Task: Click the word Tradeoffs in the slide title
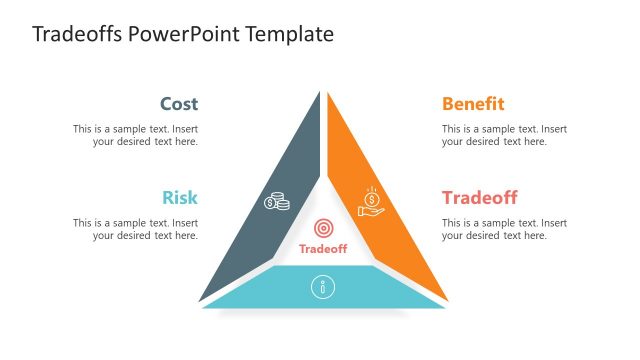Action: pyautogui.click(x=77, y=35)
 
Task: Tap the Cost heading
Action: pyautogui.click(x=179, y=104)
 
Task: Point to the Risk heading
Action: pyautogui.click(x=180, y=198)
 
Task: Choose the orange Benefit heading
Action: pyautogui.click(x=473, y=104)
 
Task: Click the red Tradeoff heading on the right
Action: pyautogui.click(x=480, y=198)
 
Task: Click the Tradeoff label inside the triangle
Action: pyautogui.click(x=323, y=249)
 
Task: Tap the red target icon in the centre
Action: pyautogui.click(x=323, y=229)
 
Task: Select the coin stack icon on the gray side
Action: pyautogui.click(x=276, y=202)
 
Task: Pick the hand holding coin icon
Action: pyautogui.click(x=371, y=202)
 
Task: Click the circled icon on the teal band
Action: pyautogui.click(x=322, y=287)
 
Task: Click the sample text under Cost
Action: pyautogui.click(x=135, y=135)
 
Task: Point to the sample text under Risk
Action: pyautogui.click(x=135, y=229)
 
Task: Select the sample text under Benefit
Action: pyautogui.click(x=504, y=135)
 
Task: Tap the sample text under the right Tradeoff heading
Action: pyautogui.click(x=504, y=229)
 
